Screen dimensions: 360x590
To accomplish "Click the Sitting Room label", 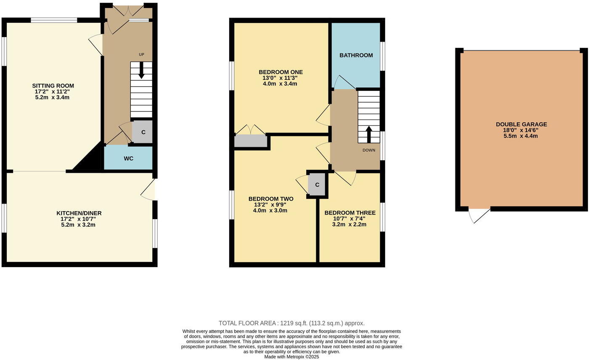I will click(53, 86).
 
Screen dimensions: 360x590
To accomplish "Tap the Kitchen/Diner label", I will click(79, 213).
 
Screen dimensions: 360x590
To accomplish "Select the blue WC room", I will click(128, 158).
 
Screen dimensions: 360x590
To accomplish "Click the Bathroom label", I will click(356, 55).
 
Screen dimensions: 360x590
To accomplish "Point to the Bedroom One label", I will click(280, 72).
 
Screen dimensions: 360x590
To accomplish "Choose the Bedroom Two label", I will click(270, 199).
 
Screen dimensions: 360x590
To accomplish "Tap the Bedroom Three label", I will click(349, 213).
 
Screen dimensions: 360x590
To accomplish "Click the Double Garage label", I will click(521, 124).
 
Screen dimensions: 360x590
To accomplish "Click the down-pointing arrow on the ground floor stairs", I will click(141, 71).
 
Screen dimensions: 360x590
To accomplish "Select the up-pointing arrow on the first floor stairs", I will click(369, 134).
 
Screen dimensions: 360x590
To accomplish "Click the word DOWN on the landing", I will click(369, 150).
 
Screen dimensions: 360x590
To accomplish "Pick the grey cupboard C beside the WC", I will click(143, 132).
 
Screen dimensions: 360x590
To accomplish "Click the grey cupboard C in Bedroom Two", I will click(317, 185).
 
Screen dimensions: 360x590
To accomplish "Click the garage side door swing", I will click(479, 215).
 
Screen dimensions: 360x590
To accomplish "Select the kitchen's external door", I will click(148, 190).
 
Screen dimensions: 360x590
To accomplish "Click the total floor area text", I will click(291, 323).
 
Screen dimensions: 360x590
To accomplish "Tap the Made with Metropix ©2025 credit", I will click(291, 357).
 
